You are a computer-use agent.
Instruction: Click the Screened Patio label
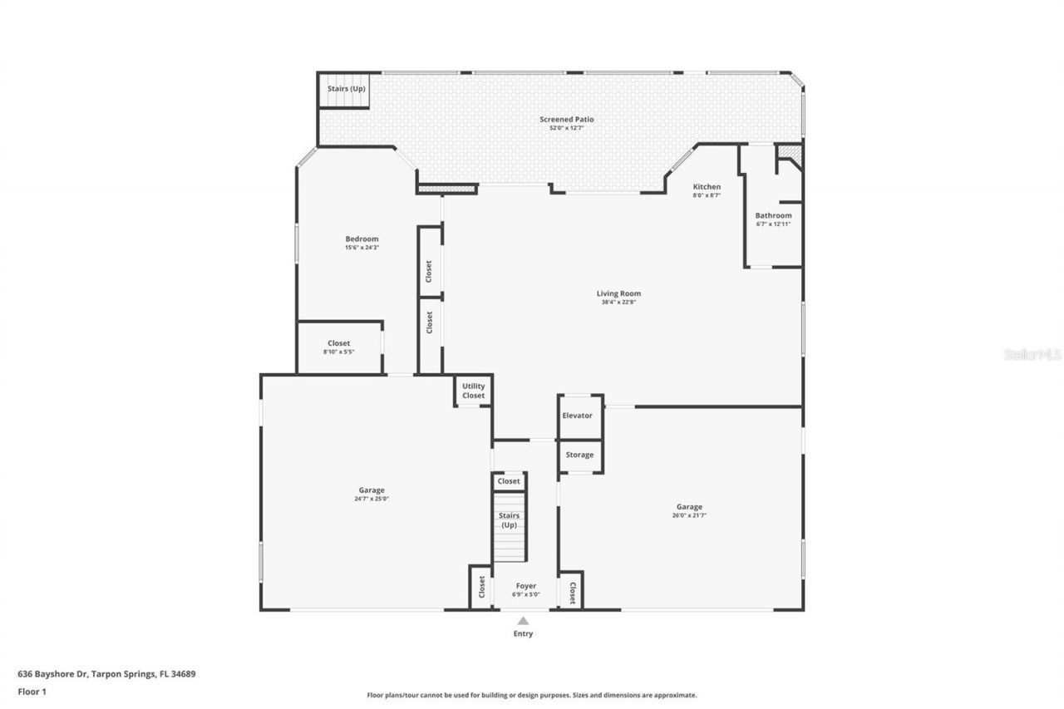click(x=566, y=119)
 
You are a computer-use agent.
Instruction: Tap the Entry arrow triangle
click(x=523, y=620)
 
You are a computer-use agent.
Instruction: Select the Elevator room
click(x=579, y=416)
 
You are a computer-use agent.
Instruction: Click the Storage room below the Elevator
click(x=579, y=455)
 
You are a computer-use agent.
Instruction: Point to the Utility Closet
click(x=474, y=391)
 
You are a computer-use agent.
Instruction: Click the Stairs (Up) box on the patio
click(x=345, y=90)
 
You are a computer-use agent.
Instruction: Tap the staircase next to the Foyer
click(x=510, y=526)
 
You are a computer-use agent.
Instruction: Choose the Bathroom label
click(x=773, y=215)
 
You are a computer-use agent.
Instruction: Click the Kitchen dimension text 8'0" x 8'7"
click(x=707, y=195)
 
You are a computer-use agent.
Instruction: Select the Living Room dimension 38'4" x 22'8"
click(x=618, y=303)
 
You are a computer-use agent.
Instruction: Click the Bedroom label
click(x=362, y=239)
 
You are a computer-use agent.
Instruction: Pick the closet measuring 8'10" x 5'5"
click(x=338, y=347)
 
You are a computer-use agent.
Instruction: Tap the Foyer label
click(x=525, y=586)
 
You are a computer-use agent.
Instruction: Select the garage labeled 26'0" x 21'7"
click(x=689, y=511)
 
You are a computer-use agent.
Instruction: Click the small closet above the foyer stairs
click(x=509, y=481)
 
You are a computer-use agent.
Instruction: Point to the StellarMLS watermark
click(x=1032, y=354)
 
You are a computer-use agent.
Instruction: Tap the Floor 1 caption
click(x=32, y=691)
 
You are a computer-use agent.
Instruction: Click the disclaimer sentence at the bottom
click(x=532, y=695)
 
